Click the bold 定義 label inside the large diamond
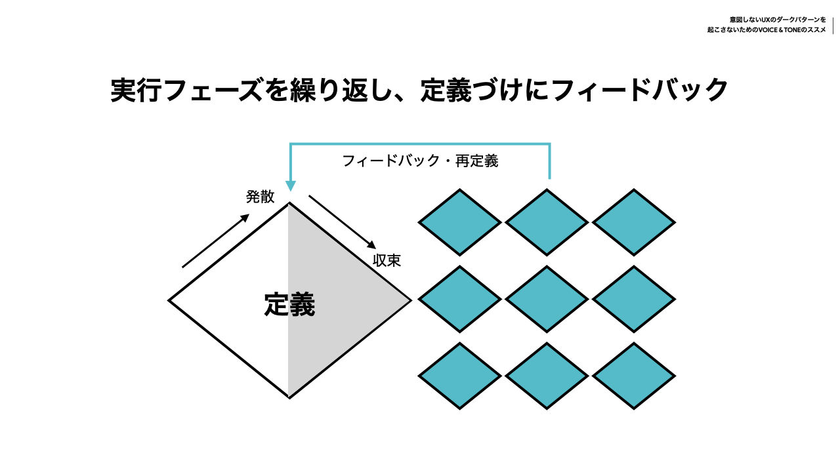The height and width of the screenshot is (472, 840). point(289,305)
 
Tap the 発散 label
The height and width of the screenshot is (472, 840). point(260,197)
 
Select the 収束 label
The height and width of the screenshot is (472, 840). point(387,260)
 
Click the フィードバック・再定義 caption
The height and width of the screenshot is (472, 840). point(420,161)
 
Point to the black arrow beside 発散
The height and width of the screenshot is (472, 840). point(216,241)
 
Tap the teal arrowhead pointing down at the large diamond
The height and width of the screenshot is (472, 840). point(290,186)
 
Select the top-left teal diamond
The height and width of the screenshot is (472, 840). point(460,222)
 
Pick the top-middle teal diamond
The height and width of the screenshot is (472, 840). point(547,222)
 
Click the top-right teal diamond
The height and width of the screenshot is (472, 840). point(634,222)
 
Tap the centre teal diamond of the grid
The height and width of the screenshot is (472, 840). point(547,300)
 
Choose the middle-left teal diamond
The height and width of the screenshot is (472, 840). point(460,300)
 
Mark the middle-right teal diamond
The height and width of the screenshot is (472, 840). point(634,300)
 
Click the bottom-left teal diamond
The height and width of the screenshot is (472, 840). point(460,376)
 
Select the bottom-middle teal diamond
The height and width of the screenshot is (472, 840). point(547,376)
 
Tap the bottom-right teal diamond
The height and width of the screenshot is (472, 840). point(634,376)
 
